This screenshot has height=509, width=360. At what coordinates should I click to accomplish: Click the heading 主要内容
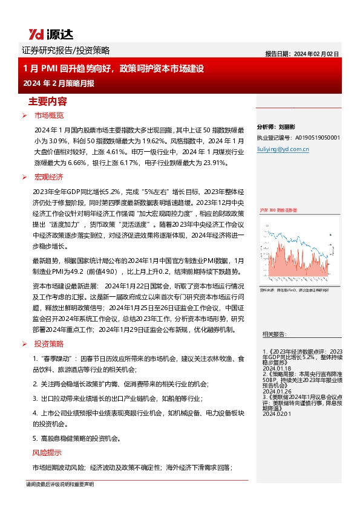(48, 101)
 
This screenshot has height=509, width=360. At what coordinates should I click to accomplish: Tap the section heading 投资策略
(49, 344)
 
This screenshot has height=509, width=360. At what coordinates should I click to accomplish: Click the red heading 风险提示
(47, 453)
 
